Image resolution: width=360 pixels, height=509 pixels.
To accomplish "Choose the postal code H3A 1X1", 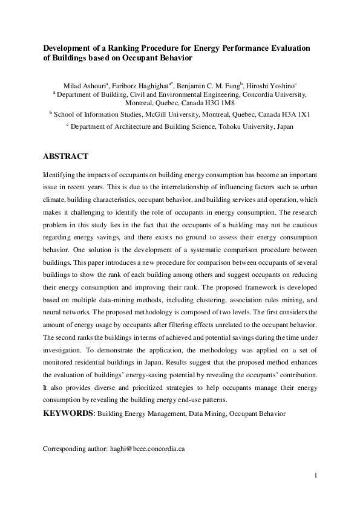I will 298,113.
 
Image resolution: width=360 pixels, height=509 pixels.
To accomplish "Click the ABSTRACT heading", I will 66,156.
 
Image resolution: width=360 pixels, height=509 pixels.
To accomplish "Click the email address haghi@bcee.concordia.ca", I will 147,450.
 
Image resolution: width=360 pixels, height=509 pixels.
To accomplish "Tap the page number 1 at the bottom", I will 316,476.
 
